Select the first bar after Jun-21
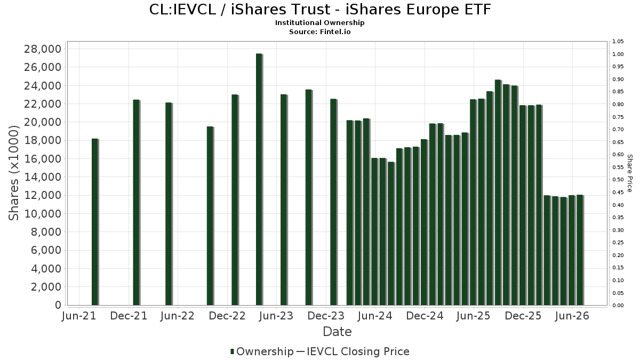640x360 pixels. [95, 222]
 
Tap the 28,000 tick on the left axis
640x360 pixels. [43, 49]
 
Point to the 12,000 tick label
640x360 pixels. [43, 195]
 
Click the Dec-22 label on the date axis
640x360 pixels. [227, 316]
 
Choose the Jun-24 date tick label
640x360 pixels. [375, 316]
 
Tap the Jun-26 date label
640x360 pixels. [572, 316]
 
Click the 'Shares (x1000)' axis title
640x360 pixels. [13, 173]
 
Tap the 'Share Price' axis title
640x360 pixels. [629, 173]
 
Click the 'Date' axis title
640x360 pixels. [337, 332]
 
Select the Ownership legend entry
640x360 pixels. [262, 351]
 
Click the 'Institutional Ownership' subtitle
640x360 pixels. [319, 23]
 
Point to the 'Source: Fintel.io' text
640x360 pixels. [319, 31]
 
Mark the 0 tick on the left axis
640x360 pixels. [58, 305]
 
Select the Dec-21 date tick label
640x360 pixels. [129, 316]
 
